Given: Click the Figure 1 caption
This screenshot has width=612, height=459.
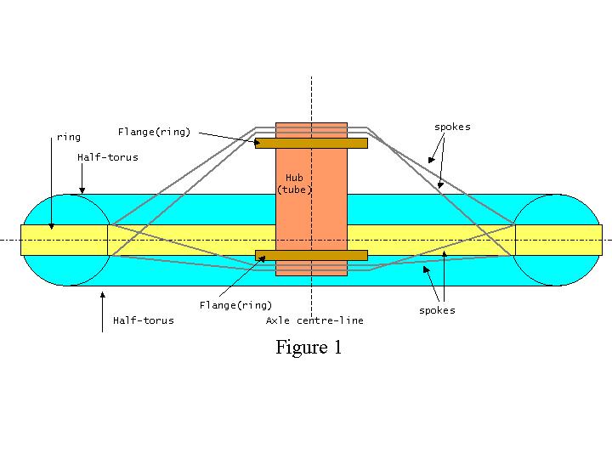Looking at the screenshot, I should click(x=309, y=348).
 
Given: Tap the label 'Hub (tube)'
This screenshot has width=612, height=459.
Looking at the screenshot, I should click(x=295, y=184).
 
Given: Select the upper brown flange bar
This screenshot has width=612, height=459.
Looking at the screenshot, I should click(x=311, y=143).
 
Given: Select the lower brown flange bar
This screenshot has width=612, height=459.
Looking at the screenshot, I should click(x=311, y=255).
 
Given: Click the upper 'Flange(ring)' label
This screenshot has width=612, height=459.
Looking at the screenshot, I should click(x=154, y=132).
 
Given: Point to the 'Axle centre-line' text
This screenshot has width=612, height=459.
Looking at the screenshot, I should click(x=314, y=320).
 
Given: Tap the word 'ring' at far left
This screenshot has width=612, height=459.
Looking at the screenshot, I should click(x=68, y=137).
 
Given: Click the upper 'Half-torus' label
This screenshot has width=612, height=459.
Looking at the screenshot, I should click(x=107, y=157).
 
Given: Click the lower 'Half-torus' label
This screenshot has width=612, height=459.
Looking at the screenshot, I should click(x=143, y=320).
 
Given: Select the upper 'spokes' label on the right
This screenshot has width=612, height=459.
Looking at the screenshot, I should click(x=451, y=127).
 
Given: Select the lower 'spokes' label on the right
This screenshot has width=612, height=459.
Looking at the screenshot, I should click(x=437, y=310).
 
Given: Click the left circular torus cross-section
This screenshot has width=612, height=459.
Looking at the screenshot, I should click(x=66, y=240).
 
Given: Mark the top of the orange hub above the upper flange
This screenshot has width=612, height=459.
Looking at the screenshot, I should click(x=311, y=129).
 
